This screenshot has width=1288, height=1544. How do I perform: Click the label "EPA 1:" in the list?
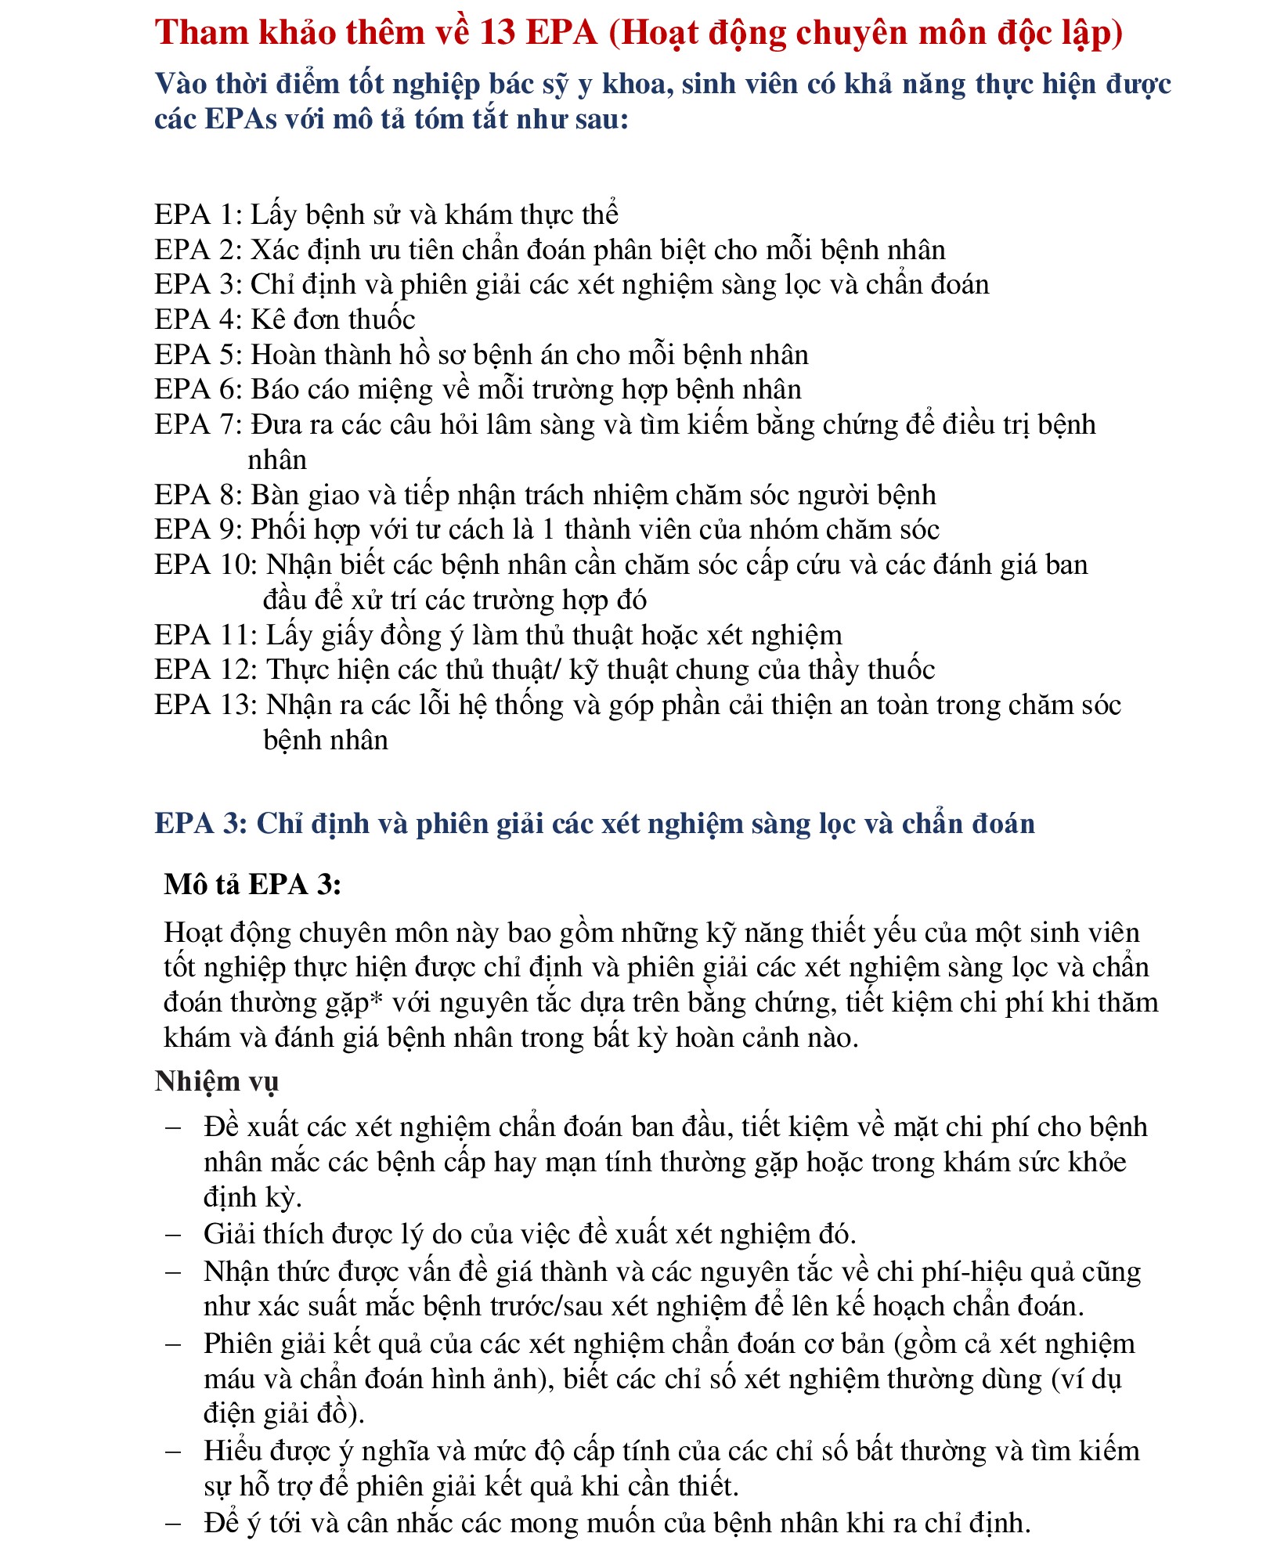199,215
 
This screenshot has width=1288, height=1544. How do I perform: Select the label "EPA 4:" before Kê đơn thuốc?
199,319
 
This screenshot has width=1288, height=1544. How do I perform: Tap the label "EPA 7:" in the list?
199,424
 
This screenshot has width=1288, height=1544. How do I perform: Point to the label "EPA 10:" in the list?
206,565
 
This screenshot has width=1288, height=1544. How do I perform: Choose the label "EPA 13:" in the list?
206,705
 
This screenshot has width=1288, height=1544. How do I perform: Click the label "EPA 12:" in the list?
206,669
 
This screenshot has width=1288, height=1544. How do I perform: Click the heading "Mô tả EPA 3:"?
252,884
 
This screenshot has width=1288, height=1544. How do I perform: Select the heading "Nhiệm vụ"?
216,1080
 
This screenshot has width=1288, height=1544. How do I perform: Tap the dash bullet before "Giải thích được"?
173,1234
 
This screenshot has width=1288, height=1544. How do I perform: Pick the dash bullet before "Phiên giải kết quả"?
173,1344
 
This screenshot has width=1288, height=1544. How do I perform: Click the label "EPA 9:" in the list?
199,530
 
